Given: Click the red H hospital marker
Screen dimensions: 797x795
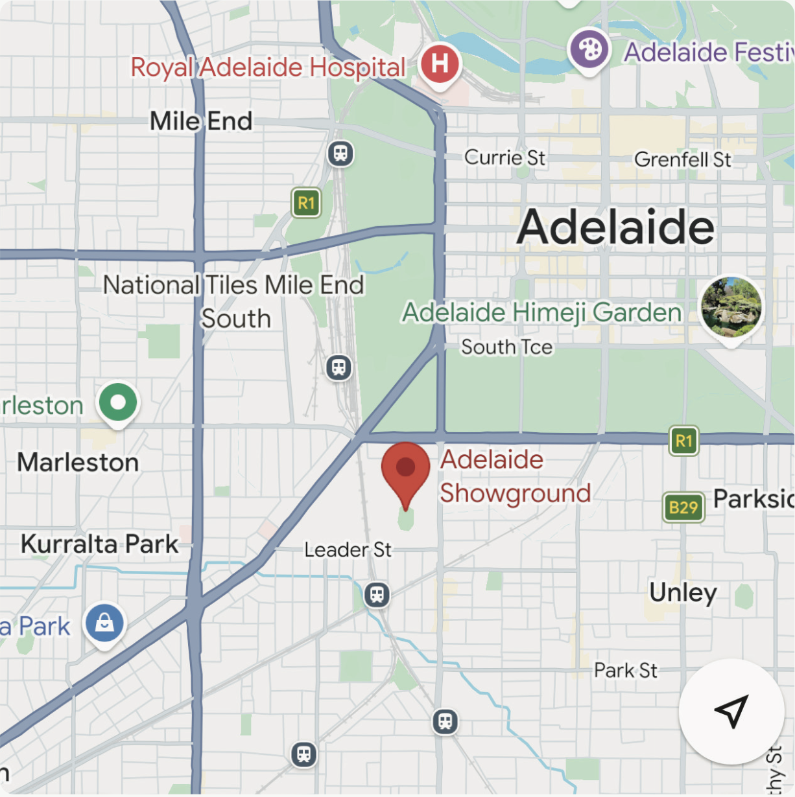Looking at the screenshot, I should pyautogui.click(x=440, y=64).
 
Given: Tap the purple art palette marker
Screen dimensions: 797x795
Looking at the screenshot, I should pyautogui.click(x=589, y=50).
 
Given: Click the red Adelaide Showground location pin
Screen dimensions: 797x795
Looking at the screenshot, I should pyautogui.click(x=405, y=468).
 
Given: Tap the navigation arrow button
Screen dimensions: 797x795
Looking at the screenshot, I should pyautogui.click(x=731, y=711).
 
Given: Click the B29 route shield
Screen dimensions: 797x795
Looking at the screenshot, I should pyautogui.click(x=683, y=507).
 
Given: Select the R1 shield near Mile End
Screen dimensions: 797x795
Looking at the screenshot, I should pyautogui.click(x=306, y=203).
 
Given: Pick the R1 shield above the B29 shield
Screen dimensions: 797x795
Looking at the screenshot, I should pyautogui.click(x=683, y=441).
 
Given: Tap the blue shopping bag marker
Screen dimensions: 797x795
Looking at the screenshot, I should pyautogui.click(x=104, y=623).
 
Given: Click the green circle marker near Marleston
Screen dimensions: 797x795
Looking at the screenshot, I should pyautogui.click(x=118, y=402).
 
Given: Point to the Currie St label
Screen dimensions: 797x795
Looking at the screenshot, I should pyautogui.click(x=504, y=157).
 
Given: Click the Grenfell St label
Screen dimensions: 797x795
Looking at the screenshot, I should pyautogui.click(x=682, y=159).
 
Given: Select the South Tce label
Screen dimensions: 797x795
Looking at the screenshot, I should pyautogui.click(x=506, y=347).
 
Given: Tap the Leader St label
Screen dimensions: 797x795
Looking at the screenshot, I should pyautogui.click(x=348, y=550).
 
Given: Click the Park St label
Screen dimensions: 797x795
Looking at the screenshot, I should pyautogui.click(x=625, y=670).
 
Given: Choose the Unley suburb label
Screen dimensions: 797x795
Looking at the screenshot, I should pyautogui.click(x=683, y=592).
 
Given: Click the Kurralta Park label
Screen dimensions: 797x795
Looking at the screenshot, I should pyautogui.click(x=99, y=544).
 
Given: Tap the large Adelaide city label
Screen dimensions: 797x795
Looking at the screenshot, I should pyautogui.click(x=615, y=227).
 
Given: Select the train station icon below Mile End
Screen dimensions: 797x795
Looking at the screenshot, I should pyautogui.click(x=340, y=154).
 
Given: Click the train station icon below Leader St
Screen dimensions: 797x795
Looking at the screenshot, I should pyautogui.click(x=377, y=594).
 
